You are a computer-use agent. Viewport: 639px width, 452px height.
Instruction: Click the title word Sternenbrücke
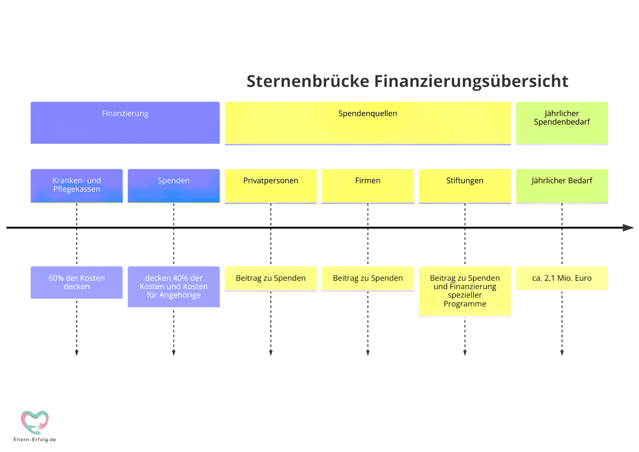pyautogui.click(x=308, y=81)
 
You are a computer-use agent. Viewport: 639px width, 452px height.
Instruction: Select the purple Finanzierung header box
pyautogui.click(x=125, y=123)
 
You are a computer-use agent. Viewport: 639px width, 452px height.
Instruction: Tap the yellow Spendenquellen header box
pyautogui.click(x=368, y=123)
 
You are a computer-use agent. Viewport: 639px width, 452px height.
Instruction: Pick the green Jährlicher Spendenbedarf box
pyautogui.click(x=562, y=123)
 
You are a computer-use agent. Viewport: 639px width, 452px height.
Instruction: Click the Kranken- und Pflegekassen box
pyautogui.click(x=77, y=186)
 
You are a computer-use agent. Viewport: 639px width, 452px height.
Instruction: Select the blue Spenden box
pyautogui.click(x=174, y=186)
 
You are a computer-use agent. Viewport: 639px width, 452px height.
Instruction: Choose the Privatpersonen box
pyautogui.click(x=271, y=186)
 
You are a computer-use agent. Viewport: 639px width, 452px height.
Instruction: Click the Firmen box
pyautogui.click(x=368, y=186)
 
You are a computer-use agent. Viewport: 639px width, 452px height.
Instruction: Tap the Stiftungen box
pyautogui.click(x=465, y=186)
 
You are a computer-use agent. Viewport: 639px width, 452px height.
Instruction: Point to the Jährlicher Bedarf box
pyautogui.click(x=562, y=186)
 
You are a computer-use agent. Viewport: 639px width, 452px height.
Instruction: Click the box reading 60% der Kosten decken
pyautogui.click(x=77, y=283)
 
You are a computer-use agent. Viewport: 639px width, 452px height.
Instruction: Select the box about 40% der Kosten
pyautogui.click(x=174, y=287)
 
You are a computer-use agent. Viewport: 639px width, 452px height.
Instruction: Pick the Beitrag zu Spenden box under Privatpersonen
pyautogui.click(x=271, y=279)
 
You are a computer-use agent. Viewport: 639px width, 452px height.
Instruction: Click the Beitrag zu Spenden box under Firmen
pyautogui.click(x=368, y=279)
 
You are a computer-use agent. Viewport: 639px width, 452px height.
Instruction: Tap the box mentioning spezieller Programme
pyautogui.click(x=465, y=292)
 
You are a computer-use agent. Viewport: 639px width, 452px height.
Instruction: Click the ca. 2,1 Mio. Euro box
pyautogui.click(x=562, y=279)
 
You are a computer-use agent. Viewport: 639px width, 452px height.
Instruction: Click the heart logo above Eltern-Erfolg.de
pyautogui.click(x=35, y=422)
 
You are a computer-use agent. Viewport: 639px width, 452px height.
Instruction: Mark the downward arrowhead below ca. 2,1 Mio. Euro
pyautogui.click(x=562, y=353)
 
